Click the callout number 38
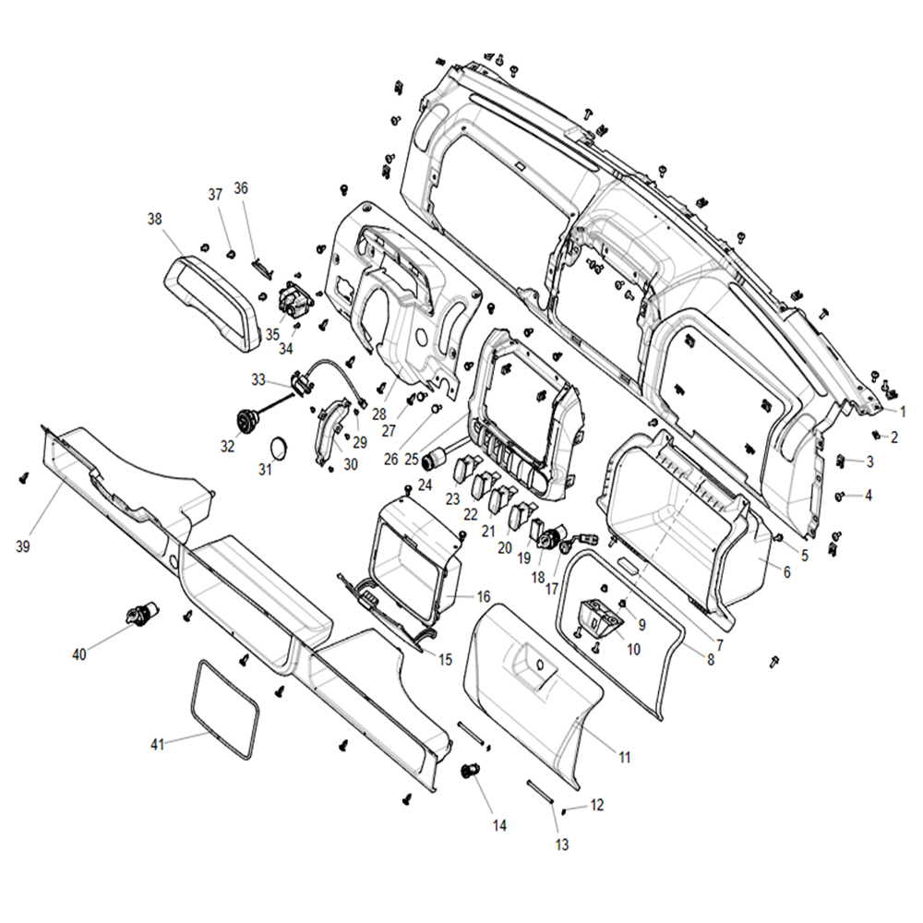coord(154,219)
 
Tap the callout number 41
coord(157,745)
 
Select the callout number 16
coord(484,597)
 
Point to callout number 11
coord(625,757)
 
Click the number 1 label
coord(903,412)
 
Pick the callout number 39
coord(22,546)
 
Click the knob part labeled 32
coord(247,420)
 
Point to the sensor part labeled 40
coord(141,614)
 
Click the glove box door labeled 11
coord(533,695)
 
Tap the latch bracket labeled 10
coord(601,619)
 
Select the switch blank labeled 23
coord(459,468)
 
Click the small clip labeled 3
coord(841,461)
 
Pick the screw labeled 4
coord(839,497)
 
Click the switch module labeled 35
coord(295,299)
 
